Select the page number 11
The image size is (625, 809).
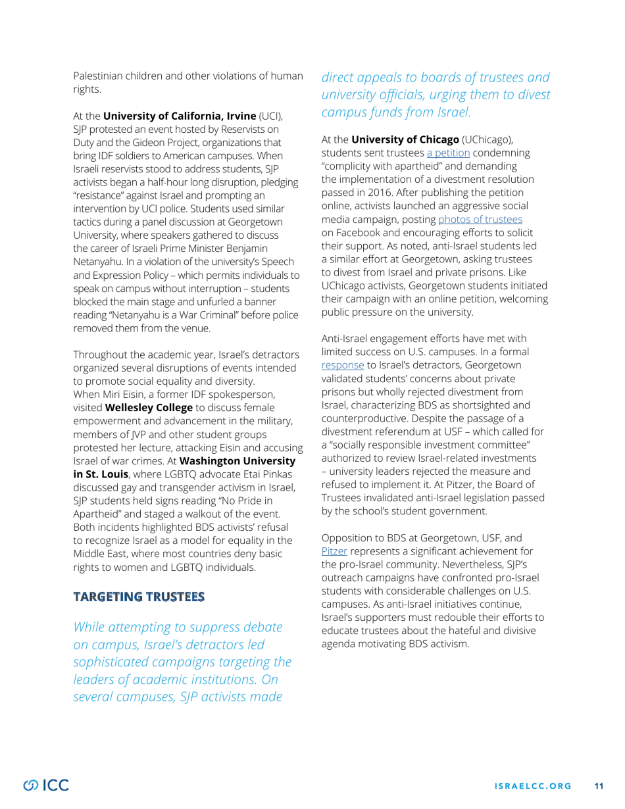pyautogui.click(x=599, y=785)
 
